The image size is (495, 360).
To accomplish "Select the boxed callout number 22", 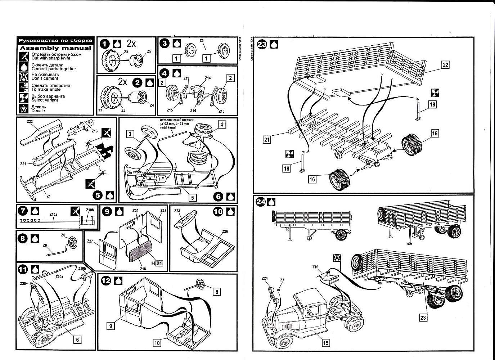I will point(445,65).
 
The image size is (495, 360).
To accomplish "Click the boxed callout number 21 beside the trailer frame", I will point(266,138).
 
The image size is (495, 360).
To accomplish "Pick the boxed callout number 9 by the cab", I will point(111,326).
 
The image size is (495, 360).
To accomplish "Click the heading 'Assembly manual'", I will point(55,48).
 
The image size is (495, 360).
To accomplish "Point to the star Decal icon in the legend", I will point(24,109).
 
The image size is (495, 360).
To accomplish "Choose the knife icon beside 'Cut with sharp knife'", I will point(24,56).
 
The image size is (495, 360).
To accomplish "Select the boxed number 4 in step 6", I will point(222,125).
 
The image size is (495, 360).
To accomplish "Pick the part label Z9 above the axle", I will point(201,41).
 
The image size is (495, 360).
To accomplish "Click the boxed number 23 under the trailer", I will point(423,318).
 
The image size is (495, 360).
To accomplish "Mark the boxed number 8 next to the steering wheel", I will point(216,292).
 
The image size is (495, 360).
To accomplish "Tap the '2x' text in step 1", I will point(131,44).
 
